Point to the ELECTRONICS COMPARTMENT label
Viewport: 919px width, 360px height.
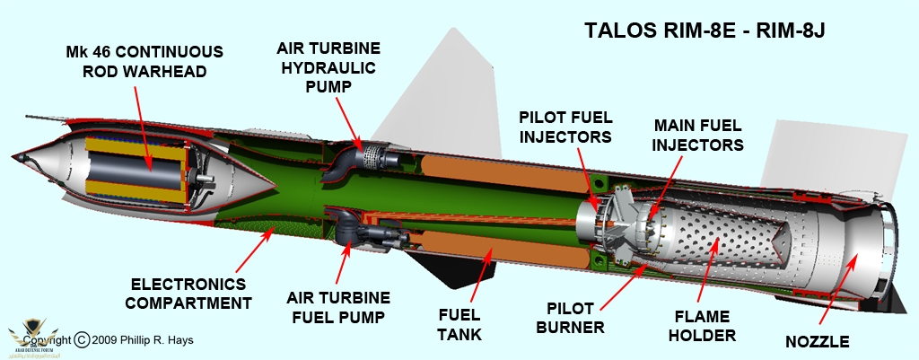(188, 290)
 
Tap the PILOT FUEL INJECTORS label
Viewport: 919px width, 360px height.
(566, 126)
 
